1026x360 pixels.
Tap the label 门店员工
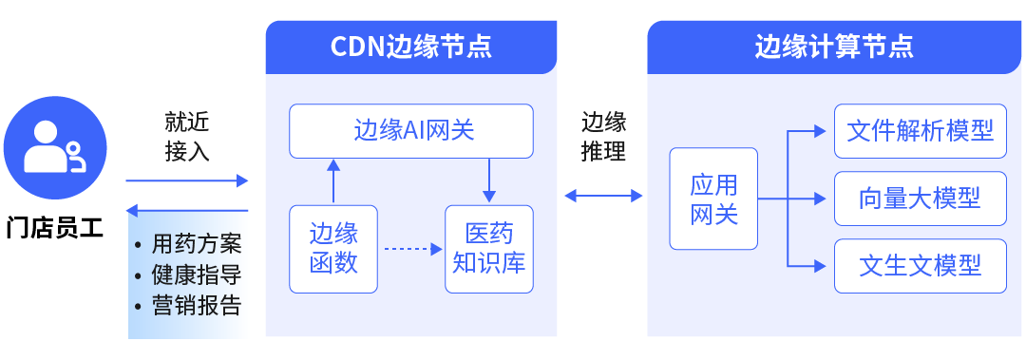tap(54, 227)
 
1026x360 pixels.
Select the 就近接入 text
tap(187, 137)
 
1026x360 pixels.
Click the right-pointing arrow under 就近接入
tap(186, 180)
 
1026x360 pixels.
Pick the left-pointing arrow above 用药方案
tap(186, 210)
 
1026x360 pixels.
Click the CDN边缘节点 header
tap(411, 47)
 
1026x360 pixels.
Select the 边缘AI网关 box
tap(411, 131)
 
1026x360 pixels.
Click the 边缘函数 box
tap(333, 248)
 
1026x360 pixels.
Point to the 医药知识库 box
tap(489, 248)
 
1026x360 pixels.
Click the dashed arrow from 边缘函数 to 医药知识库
tap(411, 249)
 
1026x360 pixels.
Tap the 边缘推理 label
tap(603, 137)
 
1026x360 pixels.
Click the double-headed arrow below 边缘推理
tap(603, 196)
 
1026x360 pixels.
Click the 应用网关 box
tap(713, 199)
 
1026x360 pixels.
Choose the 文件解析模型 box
tap(920, 131)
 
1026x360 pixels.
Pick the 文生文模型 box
tap(920, 266)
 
